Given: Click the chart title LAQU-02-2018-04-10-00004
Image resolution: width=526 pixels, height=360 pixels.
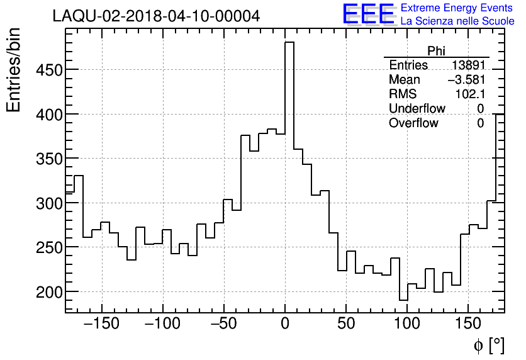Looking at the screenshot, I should (156, 16).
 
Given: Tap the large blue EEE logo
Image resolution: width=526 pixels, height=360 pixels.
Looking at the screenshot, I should (368, 14).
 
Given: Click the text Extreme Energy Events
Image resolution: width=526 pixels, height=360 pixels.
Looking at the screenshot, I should (457, 8).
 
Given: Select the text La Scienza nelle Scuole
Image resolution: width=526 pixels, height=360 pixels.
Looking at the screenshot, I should (457, 21).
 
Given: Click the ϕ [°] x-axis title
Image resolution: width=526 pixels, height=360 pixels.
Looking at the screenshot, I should (488, 345).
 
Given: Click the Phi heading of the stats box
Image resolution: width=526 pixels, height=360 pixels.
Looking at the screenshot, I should (436, 51).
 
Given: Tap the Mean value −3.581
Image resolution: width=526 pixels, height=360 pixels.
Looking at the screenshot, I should (466, 80).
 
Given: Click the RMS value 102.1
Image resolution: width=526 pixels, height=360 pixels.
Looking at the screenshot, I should (469, 94).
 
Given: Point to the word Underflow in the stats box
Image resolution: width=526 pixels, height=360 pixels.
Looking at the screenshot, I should (417, 109).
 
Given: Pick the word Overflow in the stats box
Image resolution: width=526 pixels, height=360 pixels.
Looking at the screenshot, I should (413, 123).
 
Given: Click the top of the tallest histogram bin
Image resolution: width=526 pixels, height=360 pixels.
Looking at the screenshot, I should (289, 42).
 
